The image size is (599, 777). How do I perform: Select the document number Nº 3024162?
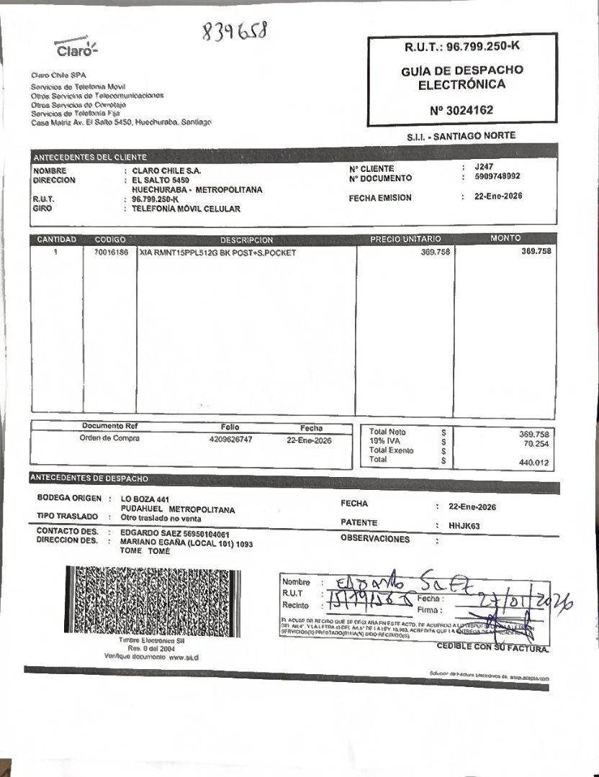click(461, 110)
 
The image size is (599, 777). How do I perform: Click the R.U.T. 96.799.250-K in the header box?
click(461, 47)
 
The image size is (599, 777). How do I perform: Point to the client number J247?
click(485, 166)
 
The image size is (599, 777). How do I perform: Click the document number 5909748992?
click(497, 176)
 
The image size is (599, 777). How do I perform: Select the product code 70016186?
click(110, 253)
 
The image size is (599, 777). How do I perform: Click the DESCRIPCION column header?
click(246, 240)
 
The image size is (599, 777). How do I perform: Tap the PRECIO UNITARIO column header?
click(405, 239)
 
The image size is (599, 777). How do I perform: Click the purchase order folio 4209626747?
click(230, 439)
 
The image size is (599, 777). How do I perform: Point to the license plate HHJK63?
click(464, 526)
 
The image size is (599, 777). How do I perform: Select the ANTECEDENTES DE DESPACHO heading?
click(89, 478)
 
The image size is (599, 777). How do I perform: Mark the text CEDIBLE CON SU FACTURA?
click(492, 647)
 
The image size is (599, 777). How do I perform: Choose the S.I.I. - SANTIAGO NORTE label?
click(461, 135)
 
